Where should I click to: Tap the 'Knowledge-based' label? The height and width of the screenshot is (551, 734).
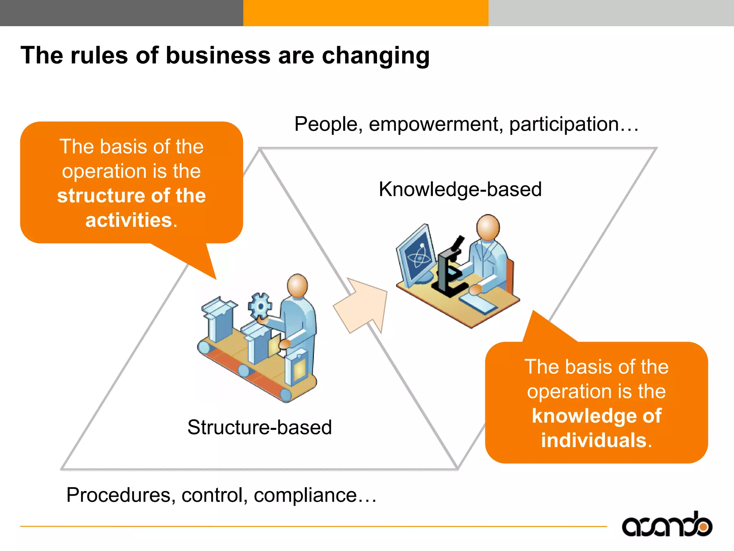tap(460, 189)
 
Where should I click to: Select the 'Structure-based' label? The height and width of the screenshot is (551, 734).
tap(259, 427)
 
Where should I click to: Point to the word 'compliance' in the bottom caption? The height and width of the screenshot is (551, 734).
tap(305, 495)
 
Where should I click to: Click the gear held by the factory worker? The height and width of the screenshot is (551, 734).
tap(260, 306)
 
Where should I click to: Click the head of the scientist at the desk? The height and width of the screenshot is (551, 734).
tap(488, 227)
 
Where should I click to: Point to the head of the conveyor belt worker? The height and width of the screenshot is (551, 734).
tap(297, 286)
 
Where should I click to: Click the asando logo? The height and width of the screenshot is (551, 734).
tap(667, 525)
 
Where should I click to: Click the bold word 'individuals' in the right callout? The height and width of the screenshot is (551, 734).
tap(594, 440)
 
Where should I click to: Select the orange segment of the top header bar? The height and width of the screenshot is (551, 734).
tap(366, 13)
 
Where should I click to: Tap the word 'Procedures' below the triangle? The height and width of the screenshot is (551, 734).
tap(119, 495)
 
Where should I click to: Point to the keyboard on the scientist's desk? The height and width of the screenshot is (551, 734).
tap(478, 303)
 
